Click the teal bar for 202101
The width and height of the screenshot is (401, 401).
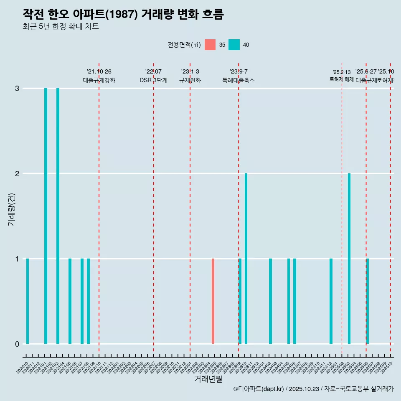pyautogui.click(x=46, y=216)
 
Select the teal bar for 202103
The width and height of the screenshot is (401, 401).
pyautogui.click(x=58, y=216)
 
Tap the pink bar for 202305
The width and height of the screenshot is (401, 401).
pyautogui.click(x=213, y=301)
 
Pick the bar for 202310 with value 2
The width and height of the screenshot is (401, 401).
pyautogui.click(x=246, y=259)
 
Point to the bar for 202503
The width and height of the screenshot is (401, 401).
pyautogui.click(x=349, y=259)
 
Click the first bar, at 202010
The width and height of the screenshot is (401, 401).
pyautogui.click(x=28, y=301)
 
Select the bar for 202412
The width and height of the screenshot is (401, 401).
pyautogui.click(x=331, y=301)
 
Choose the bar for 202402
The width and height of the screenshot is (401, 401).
pyautogui.click(x=270, y=301)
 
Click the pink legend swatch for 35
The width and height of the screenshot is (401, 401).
pyautogui.click(x=210, y=45)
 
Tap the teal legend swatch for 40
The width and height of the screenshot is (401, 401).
pyautogui.click(x=234, y=45)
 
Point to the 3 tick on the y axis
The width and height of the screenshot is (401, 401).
pyautogui.click(x=17, y=89)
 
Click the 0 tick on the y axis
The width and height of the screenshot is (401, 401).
pyautogui.click(x=17, y=344)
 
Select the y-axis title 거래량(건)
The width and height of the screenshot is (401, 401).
pyautogui.click(x=12, y=209)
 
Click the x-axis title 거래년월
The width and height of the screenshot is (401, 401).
pyautogui.click(x=208, y=379)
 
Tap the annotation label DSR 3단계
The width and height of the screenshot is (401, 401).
pyautogui.click(x=153, y=80)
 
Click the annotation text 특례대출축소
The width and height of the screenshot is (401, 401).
pyautogui.click(x=238, y=80)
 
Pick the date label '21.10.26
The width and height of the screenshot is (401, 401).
pyautogui.click(x=99, y=72)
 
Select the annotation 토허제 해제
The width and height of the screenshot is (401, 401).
pyautogui.click(x=342, y=79)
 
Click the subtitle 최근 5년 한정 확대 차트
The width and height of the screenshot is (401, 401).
pyautogui.click(x=61, y=27)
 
